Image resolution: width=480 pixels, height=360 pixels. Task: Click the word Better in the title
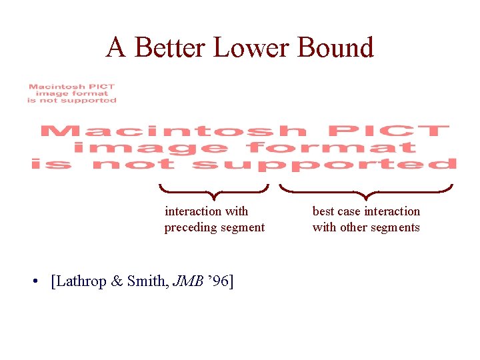click(x=170, y=47)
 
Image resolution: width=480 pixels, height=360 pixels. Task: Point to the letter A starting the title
click(x=116, y=47)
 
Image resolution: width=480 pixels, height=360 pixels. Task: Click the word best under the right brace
click(x=323, y=211)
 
